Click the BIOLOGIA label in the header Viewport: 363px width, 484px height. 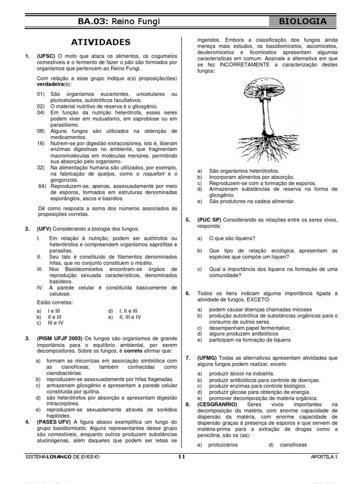[x=303, y=21]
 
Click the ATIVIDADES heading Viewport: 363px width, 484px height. [x=100, y=42]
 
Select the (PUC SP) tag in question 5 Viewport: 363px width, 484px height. [x=209, y=220]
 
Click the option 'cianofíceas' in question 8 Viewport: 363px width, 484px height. [x=293, y=445]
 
